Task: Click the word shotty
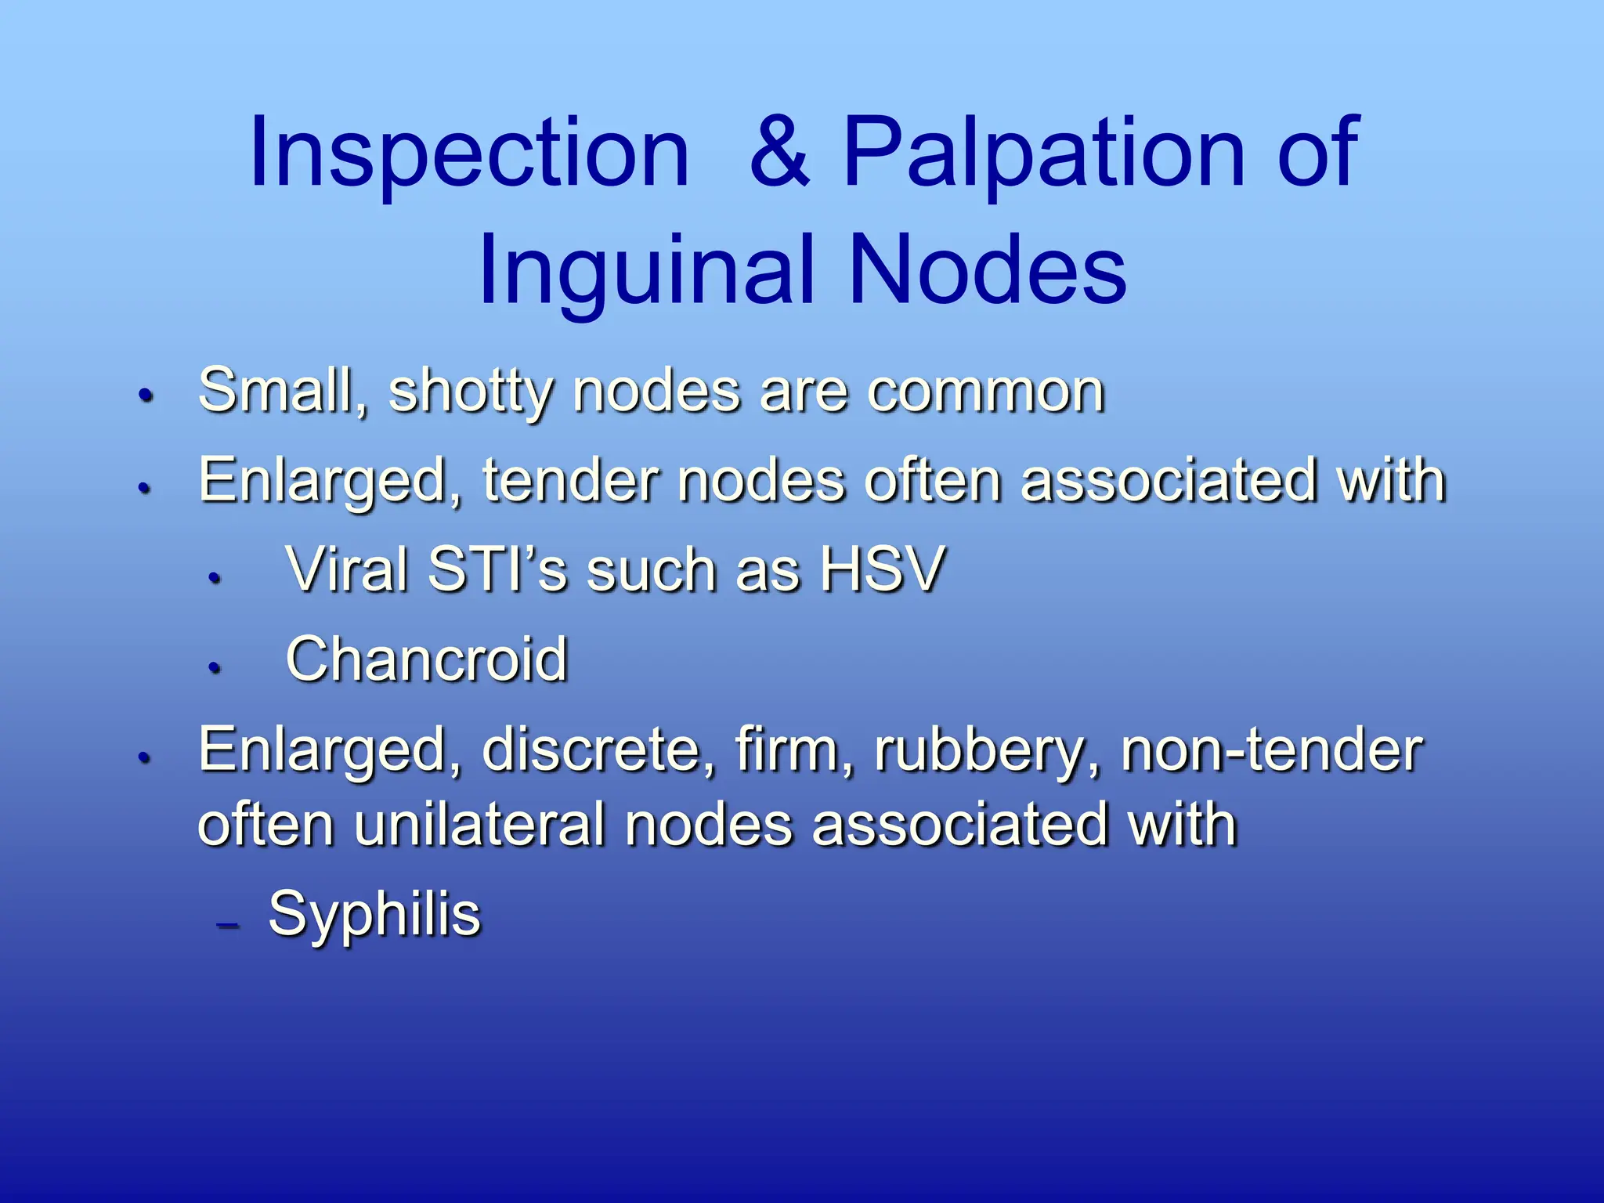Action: tap(470, 392)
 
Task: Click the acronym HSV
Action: tap(882, 569)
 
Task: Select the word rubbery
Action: tap(987, 750)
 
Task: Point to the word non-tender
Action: tap(1271, 750)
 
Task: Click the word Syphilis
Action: tap(374, 913)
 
